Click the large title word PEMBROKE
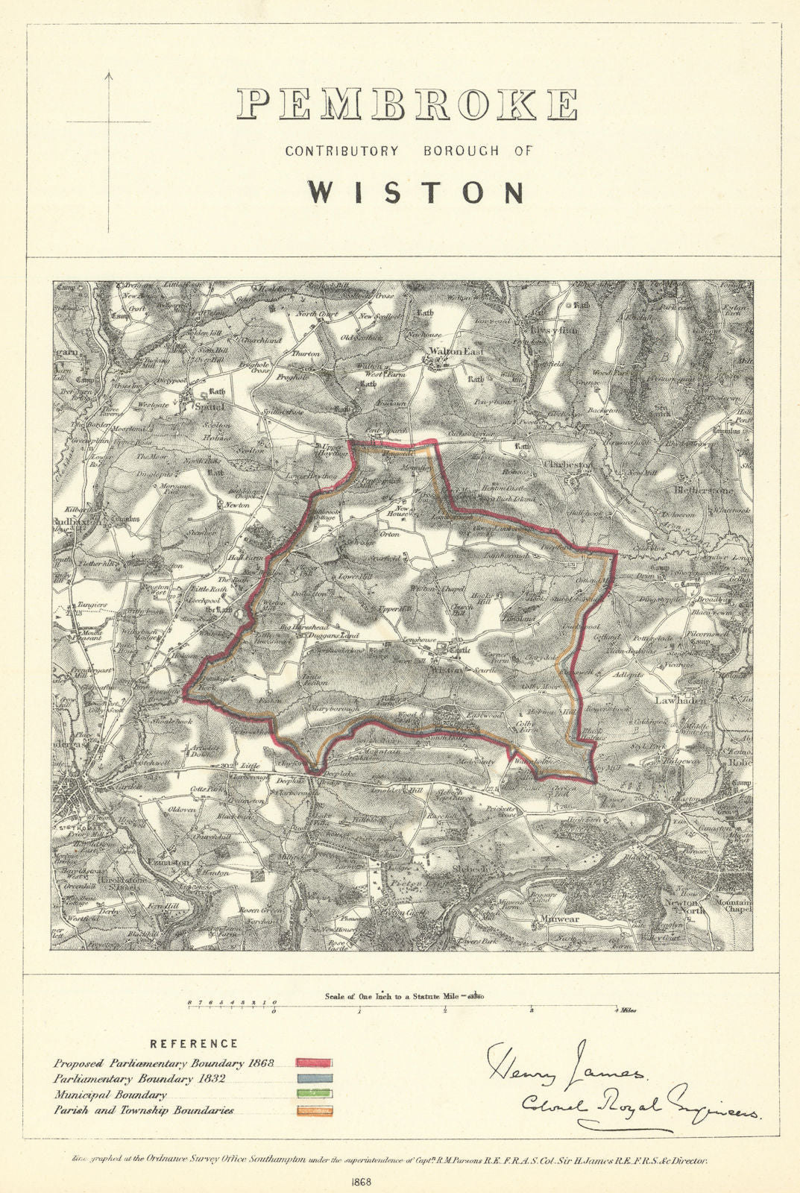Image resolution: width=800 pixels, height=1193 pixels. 406,104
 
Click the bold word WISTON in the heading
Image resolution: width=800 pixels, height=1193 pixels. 416,192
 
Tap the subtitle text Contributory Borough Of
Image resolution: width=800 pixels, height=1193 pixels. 409,151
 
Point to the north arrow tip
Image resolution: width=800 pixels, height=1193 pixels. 108,72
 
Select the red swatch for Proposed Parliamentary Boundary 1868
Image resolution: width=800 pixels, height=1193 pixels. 314,1063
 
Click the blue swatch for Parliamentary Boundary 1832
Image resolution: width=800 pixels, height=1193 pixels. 314,1078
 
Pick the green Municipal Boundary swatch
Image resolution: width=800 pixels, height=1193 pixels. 314,1094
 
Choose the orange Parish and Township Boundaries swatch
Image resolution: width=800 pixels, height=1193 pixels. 314,1110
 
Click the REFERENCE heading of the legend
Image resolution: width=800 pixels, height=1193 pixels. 194,1044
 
